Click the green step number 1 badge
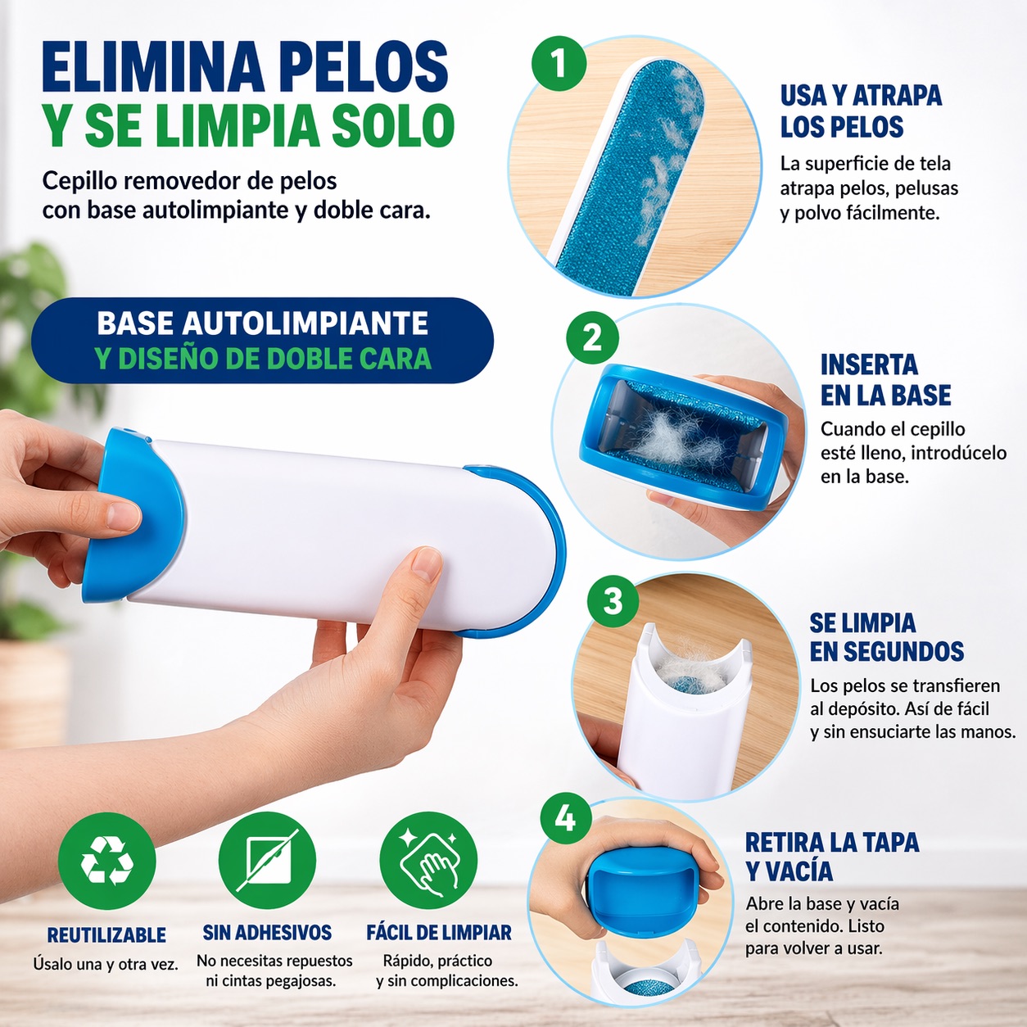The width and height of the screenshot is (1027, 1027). click(559, 64)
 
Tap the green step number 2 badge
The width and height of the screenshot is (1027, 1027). click(592, 338)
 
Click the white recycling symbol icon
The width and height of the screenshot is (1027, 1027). click(106, 860)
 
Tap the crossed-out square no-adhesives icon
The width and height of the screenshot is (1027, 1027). click(267, 860)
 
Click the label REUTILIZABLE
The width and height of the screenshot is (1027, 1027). click(106, 935)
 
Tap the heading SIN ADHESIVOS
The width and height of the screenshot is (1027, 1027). click(267, 933)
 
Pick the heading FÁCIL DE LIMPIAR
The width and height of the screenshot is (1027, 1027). click(439, 933)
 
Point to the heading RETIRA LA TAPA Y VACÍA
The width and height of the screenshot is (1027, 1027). click(832, 857)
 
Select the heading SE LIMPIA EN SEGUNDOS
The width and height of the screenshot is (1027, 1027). click(887, 637)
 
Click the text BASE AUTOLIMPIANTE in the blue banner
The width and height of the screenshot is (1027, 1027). click(262, 323)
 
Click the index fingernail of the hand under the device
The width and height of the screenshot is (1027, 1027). click(428, 565)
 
